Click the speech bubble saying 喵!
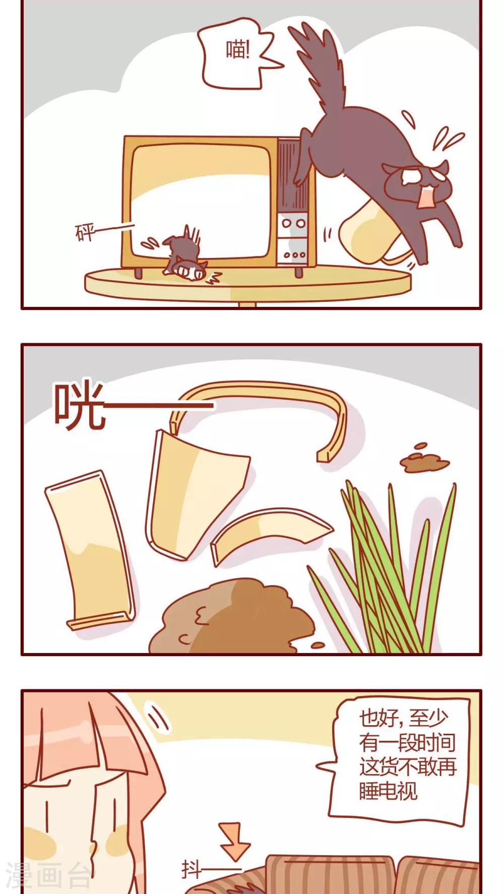pyautogui.click(x=237, y=53)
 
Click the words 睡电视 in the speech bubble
pyautogui.click(x=388, y=791)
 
